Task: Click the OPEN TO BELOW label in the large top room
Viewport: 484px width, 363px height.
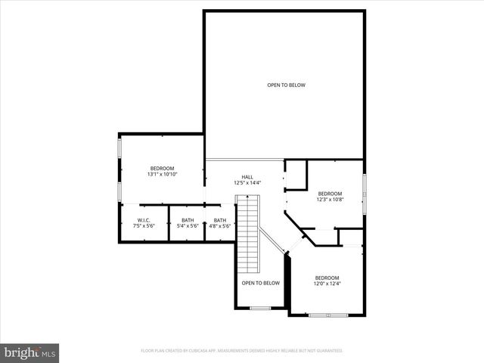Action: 286,85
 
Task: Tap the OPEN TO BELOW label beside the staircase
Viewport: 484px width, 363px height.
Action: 260,283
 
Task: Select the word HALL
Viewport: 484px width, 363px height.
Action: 247,176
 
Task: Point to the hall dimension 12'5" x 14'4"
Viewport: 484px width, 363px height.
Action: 247,182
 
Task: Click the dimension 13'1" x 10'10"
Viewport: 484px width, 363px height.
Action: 162,175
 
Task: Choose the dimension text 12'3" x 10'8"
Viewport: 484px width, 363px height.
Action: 330,200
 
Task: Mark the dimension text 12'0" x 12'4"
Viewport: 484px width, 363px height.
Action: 327,284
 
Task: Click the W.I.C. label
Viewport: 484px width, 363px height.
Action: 143,220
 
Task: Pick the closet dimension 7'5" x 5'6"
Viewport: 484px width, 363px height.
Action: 143,226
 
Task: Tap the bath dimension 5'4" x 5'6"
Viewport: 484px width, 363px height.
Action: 187,226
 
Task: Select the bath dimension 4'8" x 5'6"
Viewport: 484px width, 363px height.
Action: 219,226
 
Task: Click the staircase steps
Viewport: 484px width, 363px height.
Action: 247,234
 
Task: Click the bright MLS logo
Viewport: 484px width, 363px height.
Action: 30,352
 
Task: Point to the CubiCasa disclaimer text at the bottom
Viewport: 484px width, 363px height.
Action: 242,351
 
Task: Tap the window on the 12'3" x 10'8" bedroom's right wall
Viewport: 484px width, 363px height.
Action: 364,194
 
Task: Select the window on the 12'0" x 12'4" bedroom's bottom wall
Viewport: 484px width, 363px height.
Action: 328,314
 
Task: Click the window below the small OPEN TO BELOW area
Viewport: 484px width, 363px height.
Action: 260,308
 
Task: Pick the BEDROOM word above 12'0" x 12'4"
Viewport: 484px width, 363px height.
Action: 327,278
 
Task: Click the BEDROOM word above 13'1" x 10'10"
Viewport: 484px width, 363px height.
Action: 162,168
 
